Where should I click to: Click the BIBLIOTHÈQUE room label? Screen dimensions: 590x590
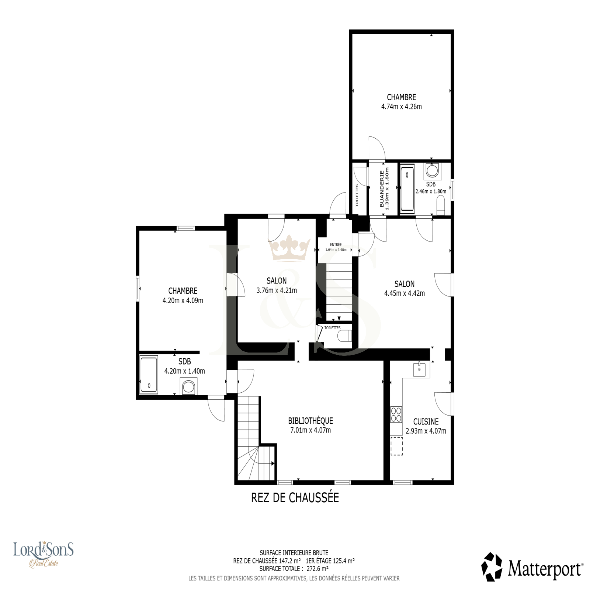coord(310,420)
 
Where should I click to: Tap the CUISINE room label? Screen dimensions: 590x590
coord(426,421)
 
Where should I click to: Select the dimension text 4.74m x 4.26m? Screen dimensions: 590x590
coord(402,107)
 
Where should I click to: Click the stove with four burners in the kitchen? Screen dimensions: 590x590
coord(396,414)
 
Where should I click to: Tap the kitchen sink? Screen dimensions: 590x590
coord(419,369)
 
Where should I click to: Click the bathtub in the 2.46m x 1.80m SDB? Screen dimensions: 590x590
coord(407,189)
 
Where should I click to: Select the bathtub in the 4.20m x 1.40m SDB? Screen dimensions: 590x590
coord(149,374)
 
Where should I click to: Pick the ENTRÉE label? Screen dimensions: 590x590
coord(336,244)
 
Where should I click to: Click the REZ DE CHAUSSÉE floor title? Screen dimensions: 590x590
coord(295,497)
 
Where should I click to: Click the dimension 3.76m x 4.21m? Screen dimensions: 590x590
coord(277,291)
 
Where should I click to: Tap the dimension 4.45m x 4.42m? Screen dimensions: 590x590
coord(405,294)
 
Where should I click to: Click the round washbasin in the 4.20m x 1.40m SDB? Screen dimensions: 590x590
coord(189,387)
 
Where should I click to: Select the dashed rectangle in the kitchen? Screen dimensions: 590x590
coord(397,446)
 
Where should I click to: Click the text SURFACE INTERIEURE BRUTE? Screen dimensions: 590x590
coord(294,553)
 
